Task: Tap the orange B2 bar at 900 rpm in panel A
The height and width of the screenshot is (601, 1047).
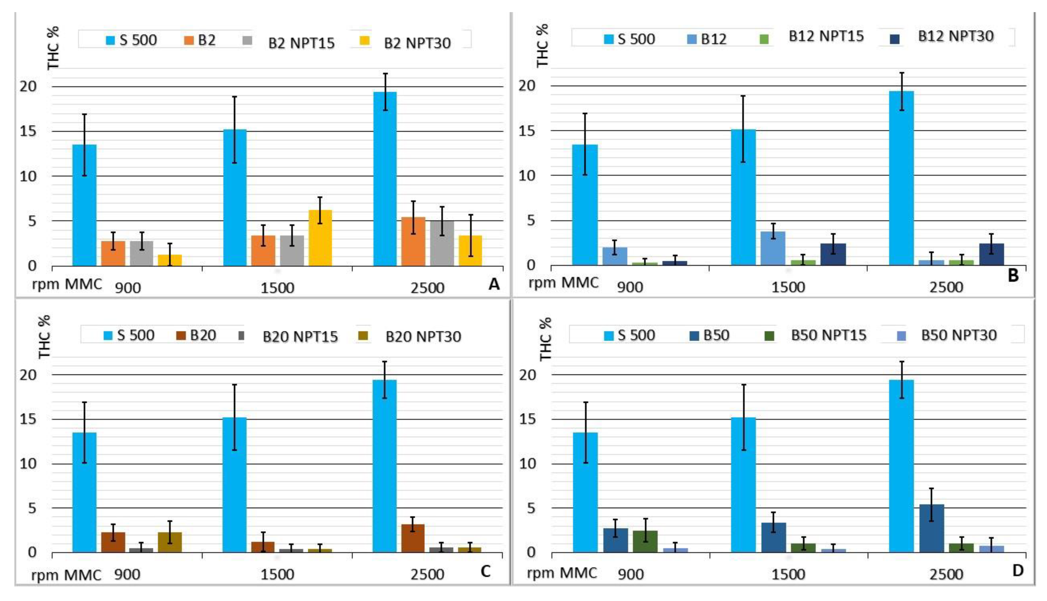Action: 113,253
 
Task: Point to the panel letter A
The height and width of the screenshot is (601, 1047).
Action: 494,284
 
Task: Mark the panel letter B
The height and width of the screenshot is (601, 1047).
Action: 1013,275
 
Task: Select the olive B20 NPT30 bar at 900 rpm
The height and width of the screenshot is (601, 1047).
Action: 170,542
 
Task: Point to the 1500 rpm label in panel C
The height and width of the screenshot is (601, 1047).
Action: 277,574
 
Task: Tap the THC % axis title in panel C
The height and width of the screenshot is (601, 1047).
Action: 44,337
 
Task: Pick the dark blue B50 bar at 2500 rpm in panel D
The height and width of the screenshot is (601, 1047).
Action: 931,528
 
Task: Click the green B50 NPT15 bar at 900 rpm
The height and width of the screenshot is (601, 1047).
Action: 645,541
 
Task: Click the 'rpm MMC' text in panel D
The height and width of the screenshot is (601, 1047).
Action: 562,573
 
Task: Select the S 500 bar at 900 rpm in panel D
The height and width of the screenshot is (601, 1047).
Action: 585,492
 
